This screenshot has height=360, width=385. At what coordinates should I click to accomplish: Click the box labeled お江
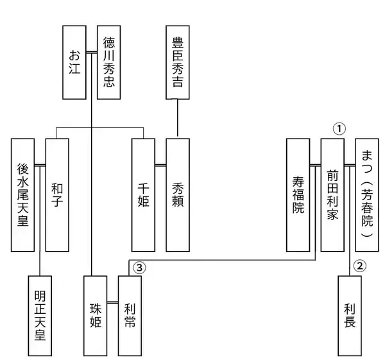74,62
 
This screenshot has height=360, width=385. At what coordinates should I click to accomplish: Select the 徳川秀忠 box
109,62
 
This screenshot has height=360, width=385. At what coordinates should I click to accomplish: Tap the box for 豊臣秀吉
178,62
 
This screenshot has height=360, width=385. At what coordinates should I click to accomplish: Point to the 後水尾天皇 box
24,194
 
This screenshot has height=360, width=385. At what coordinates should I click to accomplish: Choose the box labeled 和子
57,194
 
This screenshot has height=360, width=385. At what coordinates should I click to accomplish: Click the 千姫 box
144,194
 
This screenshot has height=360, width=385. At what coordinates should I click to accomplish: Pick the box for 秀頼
178,194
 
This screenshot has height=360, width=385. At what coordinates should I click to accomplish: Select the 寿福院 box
298,194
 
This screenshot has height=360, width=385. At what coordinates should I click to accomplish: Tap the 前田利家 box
332,194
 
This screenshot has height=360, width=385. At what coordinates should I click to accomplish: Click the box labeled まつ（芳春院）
366,194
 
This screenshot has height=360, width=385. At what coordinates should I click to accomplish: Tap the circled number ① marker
339,128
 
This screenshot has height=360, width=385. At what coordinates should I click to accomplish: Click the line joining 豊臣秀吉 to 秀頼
178,118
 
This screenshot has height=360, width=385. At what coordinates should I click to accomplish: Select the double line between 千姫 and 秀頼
160,166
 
